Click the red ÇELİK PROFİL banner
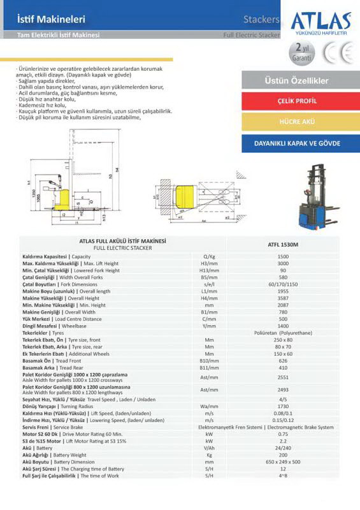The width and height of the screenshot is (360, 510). (x=297, y=101)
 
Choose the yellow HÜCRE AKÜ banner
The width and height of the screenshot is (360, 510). (x=297, y=120)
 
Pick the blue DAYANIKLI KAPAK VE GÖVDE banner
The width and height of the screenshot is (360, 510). (x=297, y=143)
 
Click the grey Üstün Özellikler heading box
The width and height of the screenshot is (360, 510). (x=296, y=81)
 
